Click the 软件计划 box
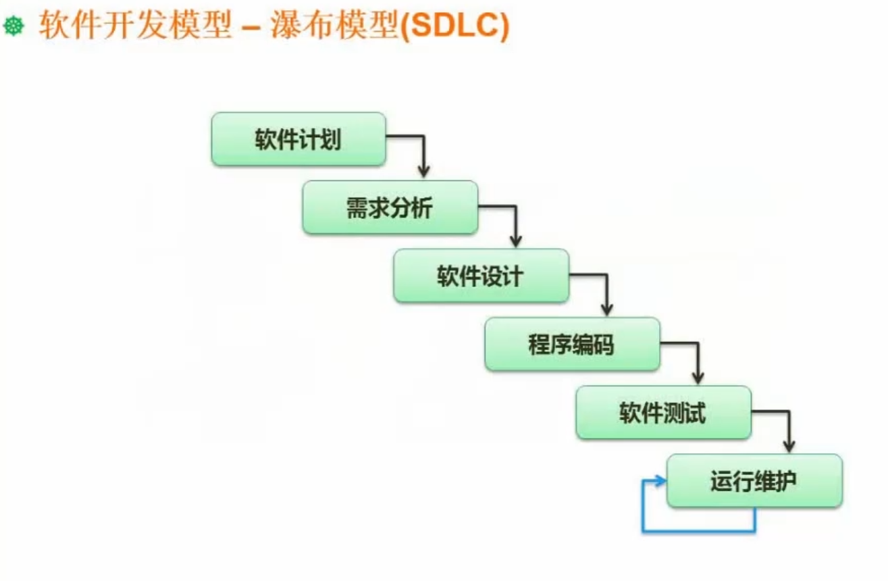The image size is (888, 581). (298, 140)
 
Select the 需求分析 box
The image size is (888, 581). (390, 208)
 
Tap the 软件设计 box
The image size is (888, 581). (481, 276)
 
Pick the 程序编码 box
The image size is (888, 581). (572, 345)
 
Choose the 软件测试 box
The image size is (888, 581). (663, 413)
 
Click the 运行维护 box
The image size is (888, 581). (754, 481)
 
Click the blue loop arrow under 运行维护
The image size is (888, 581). (696, 532)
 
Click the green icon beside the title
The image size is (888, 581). (14, 26)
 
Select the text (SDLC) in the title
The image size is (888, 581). (454, 26)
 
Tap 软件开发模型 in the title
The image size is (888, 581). (135, 26)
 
